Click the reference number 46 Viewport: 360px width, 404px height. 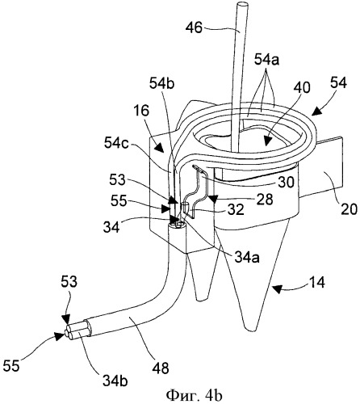pos(194,27)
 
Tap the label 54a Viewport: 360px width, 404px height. pos(266,61)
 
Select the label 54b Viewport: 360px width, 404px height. pos(162,84)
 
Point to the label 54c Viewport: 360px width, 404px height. pos(116,144)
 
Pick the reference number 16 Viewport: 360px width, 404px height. pos(141,111)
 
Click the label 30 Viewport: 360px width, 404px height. pos(286,183)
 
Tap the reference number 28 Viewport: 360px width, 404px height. pos(265,200)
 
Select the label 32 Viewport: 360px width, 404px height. pos(236,209)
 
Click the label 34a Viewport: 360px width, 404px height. pos(247,258)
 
